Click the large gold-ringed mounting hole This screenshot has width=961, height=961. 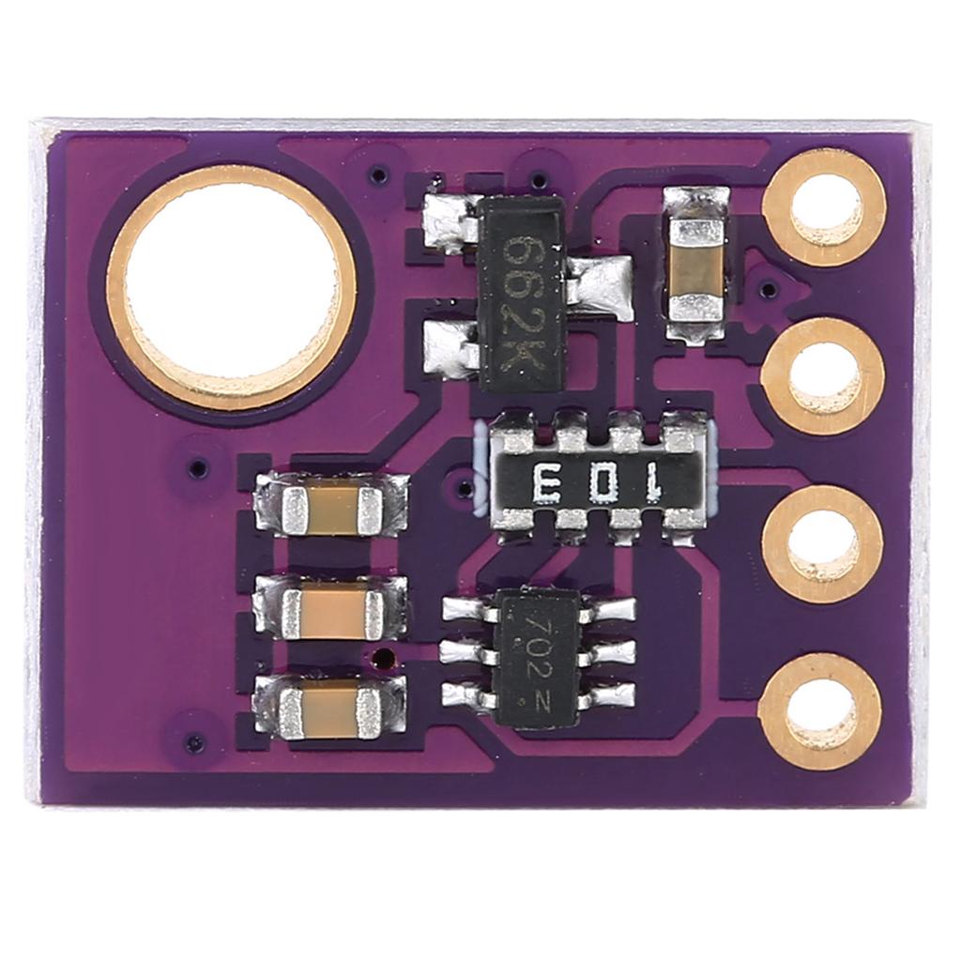tap(232, 287)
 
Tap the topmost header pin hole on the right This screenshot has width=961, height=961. tap(825, 208)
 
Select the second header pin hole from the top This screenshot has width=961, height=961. tap(823, 376)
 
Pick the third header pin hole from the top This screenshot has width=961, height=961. tap(823, 544)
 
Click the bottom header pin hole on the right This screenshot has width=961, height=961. tap(820, 712)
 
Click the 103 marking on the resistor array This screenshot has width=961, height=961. tap(598, 484)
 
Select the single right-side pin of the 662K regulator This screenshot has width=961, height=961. tap(601, 287)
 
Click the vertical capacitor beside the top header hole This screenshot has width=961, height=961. tap(696, 265)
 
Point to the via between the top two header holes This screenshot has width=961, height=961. tap(768, 288)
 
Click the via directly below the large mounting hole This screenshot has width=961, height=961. tap(197, 466)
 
